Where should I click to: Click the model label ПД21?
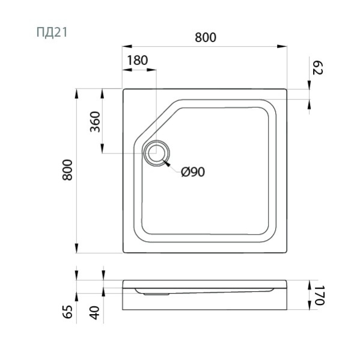coord(52,32)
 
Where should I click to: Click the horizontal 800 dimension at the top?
coord(206,37)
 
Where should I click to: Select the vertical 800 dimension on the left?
coord(67,170)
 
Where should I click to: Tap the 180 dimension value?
coord(138,60)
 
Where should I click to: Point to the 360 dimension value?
coord(95,122)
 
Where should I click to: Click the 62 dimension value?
coord(318,67)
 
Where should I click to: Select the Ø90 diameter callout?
coord(193,171)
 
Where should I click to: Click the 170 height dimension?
coord(319,295)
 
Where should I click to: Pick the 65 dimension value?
coord(68,312)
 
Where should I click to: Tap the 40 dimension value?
coord(94,313)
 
